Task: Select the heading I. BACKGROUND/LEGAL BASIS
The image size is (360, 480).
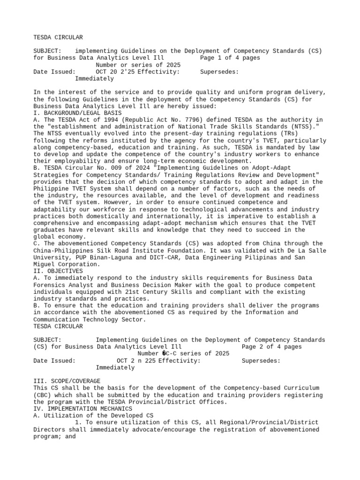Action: (78, 113)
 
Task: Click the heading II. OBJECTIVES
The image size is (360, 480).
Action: (58, 271)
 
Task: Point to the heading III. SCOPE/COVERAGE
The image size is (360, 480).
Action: (67, 381)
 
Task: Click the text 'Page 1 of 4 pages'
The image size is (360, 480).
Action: (230, 58)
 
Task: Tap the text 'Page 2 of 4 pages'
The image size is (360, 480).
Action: (271, 347)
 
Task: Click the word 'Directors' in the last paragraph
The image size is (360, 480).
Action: (51, 429)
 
